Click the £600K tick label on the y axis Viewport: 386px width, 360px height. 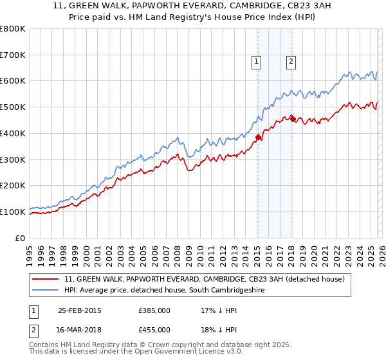(x=13, y=81)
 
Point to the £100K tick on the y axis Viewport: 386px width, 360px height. (x=13, y=212)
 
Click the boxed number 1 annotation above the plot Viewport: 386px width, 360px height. (x=257, y=62)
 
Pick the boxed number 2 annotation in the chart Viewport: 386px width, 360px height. (x=291, y=62)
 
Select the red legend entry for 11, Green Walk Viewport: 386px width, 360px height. (x=205, y=280)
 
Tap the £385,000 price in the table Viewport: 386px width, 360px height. (x=154, y=310)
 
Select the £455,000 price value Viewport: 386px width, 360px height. (x=154, y=330)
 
